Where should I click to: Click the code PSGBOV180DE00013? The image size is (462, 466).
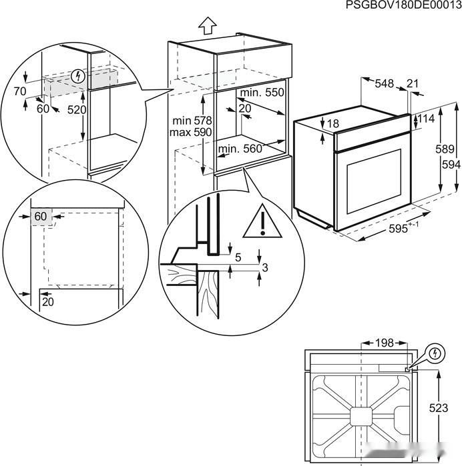pyautogui.click(x=403, y=5)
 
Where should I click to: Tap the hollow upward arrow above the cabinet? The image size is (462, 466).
pyautogui.click(x=208, y=25)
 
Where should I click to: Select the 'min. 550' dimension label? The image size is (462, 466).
pyautogui.click(x=262, y=92)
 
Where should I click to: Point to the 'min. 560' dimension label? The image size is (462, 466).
pyautogui.click(x=240, y=149)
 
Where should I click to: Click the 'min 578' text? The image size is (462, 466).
pyautogui.click(x=191, y=121)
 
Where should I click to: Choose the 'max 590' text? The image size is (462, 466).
pyautogui.click(x=191, y=133)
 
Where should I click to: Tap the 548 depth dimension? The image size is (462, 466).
pyautogui.click(x=384, y=83)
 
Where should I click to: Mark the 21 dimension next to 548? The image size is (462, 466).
pyautogui.click(x=412, y=83)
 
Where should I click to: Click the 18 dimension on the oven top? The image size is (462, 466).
pyautogui.click(x=333, y=123)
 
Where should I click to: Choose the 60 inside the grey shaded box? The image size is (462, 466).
pyautogui.click(x=41, y=216)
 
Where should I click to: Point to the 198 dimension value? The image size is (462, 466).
pyautogui.click(x=384, y=343)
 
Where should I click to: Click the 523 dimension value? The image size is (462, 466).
pyautogui.click(x=438, y=408)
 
